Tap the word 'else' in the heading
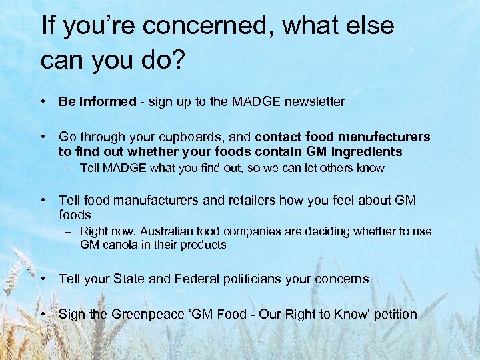[370, 26]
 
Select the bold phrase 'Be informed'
[97, 102]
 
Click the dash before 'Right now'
[69, 231]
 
